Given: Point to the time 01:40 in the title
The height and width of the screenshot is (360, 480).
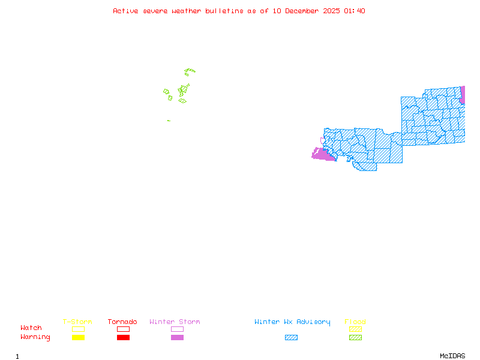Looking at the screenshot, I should click(355, 11).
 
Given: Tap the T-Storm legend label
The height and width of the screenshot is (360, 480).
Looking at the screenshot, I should click(77, 322).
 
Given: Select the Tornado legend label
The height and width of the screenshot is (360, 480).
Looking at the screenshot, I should click(122, 322).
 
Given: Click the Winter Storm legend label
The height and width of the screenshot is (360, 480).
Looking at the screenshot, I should click(175, 322).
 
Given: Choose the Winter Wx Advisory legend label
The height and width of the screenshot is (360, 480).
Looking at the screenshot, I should click(292, 322).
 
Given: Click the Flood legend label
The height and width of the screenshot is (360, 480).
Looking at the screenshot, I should click(355, 322).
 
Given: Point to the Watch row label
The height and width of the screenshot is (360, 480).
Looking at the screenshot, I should click(31, 328).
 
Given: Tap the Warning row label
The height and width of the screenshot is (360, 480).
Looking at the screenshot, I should click(35, 337).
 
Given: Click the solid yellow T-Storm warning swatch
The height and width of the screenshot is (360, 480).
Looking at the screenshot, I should click(78, 338).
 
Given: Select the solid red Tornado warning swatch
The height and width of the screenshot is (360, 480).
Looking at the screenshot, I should click(123, 338).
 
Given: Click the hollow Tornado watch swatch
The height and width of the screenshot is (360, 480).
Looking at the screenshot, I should click(123, 329).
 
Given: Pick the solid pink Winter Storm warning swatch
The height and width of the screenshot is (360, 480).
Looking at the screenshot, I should click(177, 338).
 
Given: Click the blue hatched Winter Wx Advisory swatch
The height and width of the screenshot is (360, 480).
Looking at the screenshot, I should click(291, 338).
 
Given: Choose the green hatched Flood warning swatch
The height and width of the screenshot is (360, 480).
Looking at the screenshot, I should click(355, 338).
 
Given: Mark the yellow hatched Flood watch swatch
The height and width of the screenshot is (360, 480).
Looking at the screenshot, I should click(355, 329).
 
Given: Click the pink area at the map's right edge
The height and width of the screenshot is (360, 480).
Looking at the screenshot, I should click(463, 94).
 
